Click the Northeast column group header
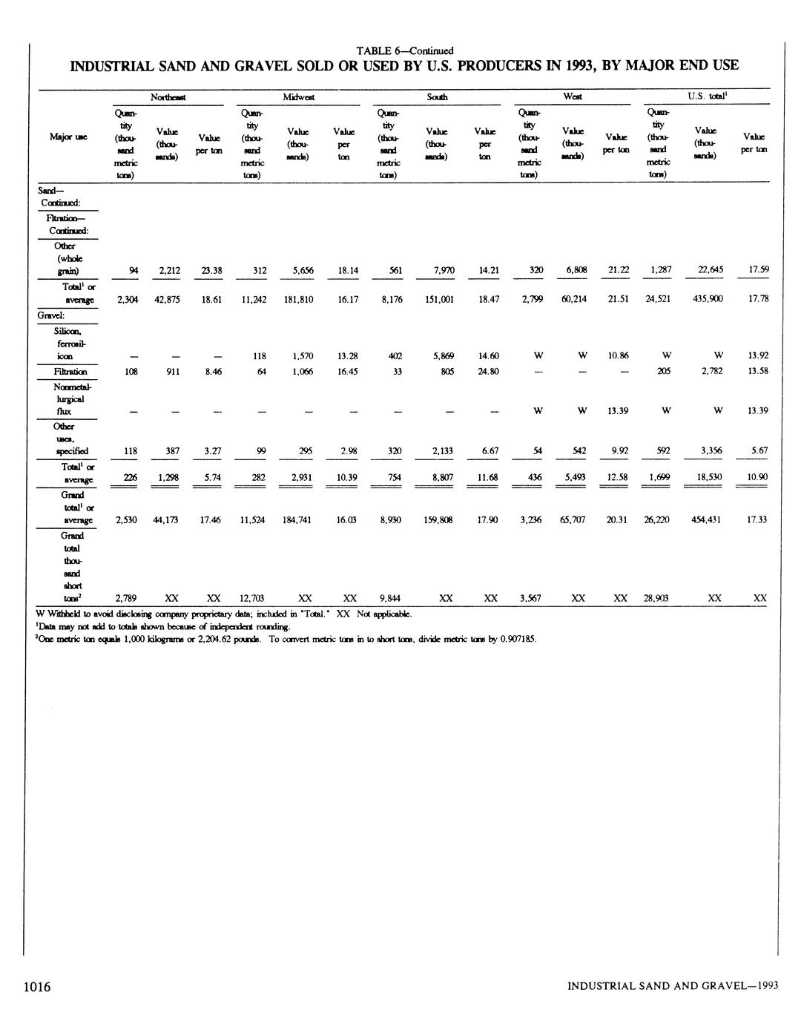(x=168, y=97)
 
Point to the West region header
(x=572, y=97)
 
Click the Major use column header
(x=65, y=137)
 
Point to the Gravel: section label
(x=52, y=315)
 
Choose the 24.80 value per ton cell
(x=487, y=372)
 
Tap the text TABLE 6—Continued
(x=404, y=50)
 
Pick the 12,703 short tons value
(x=252, y=598)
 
